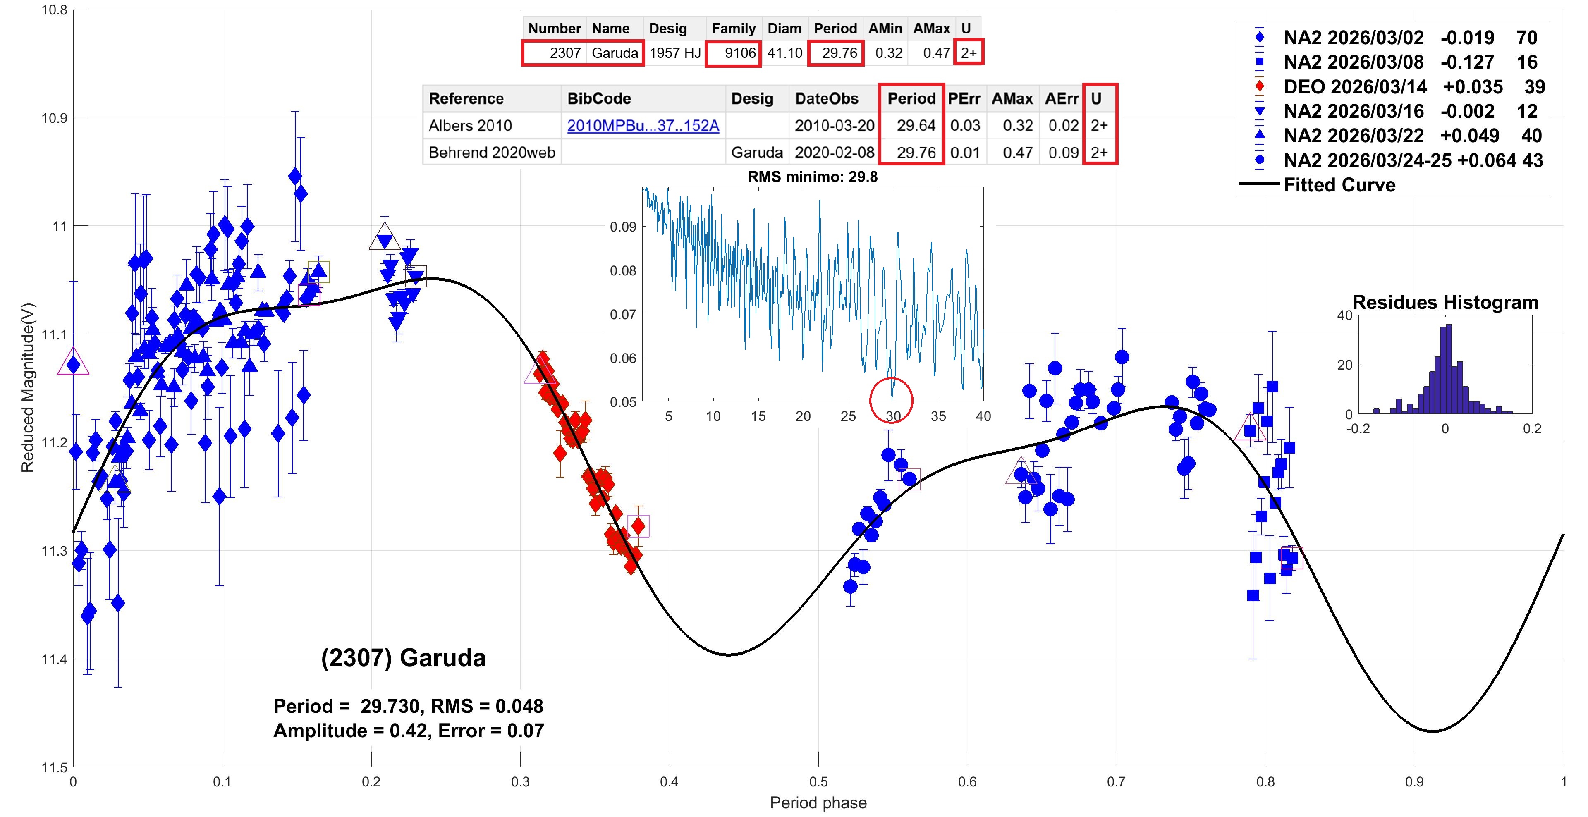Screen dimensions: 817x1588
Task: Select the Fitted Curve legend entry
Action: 1339,185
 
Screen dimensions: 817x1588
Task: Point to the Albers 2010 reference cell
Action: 470,126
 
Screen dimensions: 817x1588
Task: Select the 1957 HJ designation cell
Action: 674,53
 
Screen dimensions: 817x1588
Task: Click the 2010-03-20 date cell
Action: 834,126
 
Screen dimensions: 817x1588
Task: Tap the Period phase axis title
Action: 818,803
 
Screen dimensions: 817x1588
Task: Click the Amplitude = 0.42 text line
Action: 408,731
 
